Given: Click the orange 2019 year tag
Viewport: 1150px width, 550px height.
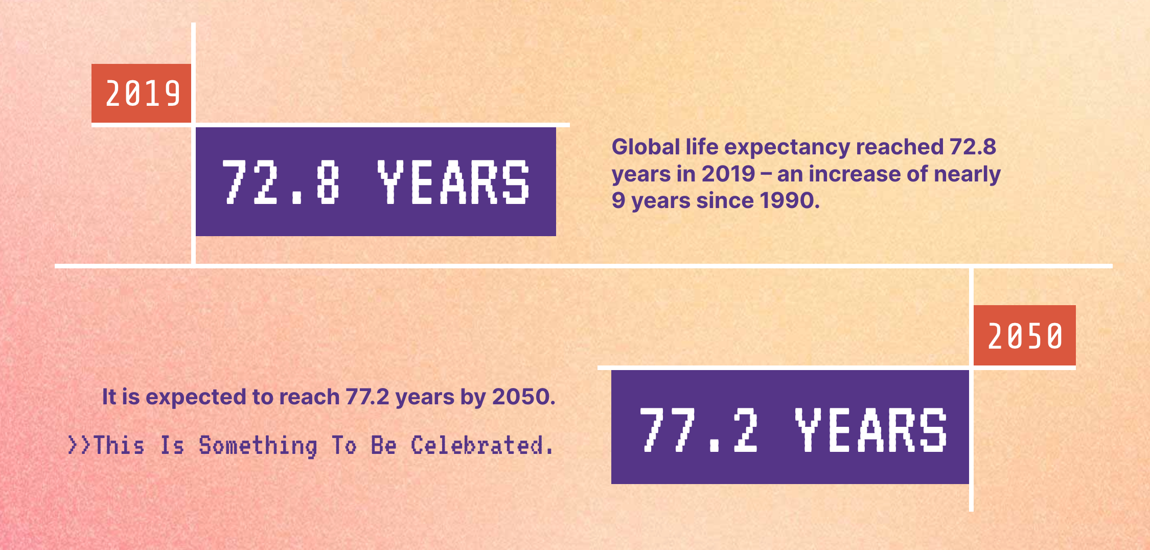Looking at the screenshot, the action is pos(141,93).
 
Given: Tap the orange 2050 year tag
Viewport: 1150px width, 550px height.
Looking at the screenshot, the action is pos(1024,335).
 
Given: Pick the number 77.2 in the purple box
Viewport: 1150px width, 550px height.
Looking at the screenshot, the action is pos(698,430).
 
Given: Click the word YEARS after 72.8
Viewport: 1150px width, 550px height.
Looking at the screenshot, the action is pos(453,182).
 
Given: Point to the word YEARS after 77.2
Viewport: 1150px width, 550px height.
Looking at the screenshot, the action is pos(871,430).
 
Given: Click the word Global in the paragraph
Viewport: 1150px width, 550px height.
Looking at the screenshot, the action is pos(646,147).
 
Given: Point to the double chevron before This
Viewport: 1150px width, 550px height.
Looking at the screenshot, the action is pos(79,445).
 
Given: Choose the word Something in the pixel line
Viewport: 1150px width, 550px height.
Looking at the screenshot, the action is pos(258,446).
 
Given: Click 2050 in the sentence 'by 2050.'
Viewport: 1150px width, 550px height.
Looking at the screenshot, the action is pos(523,397).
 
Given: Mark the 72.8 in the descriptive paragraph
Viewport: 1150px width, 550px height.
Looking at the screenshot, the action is pos(973,147).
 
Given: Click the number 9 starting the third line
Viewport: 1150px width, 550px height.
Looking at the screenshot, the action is pos(618,200).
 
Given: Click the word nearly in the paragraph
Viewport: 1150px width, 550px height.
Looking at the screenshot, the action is pos(967,175).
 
